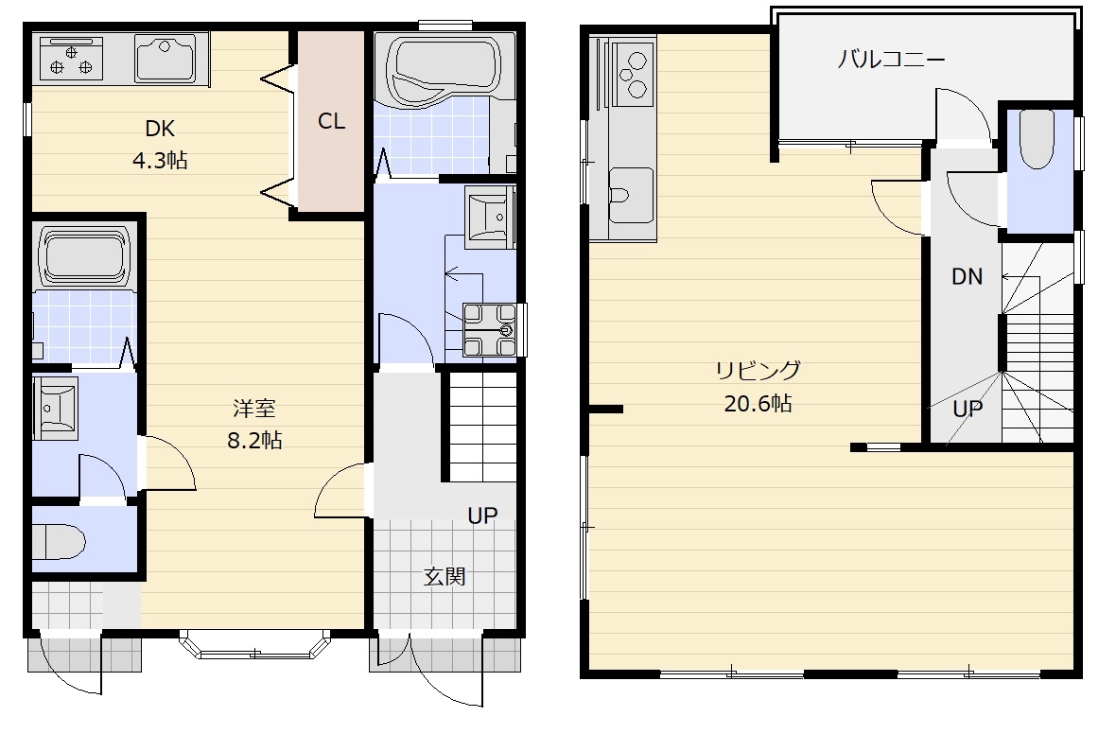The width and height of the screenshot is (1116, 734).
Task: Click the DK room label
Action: [160, 129]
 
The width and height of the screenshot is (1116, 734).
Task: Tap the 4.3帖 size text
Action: [160, 160]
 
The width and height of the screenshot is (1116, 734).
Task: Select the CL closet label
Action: [331, 121]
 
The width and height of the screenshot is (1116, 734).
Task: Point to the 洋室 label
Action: [254, 409]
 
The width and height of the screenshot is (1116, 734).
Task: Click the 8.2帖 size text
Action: [254, 441]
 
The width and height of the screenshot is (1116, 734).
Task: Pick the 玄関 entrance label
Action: [445, 576]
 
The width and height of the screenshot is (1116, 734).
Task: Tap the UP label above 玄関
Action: [481, 516]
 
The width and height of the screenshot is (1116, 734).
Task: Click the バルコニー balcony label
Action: [891, 59]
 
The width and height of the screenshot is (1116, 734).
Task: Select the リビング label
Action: [758, 370]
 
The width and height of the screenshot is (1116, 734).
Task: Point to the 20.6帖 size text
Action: [758, 404]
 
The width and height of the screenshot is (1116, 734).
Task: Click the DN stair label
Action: [967, 276]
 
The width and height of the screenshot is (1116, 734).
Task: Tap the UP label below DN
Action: [968, 409]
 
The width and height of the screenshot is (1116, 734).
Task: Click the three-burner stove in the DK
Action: [71, 59]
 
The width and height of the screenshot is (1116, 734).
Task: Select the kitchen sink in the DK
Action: [166, 59]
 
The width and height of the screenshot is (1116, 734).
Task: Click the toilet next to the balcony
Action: [1037, 140]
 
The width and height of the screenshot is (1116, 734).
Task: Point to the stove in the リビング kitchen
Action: [633, 74]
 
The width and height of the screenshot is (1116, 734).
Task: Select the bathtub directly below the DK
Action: [84, 255]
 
